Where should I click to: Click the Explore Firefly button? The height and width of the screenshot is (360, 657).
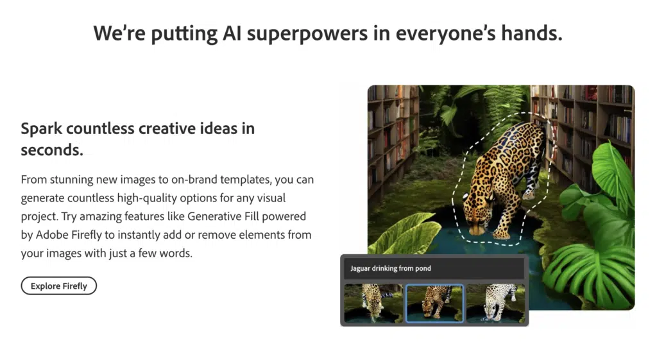click(x=58, y=286)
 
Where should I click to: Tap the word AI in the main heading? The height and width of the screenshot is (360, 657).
click(x=229, y=33)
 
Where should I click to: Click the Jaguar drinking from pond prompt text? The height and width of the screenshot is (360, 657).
click(x=391, y=268)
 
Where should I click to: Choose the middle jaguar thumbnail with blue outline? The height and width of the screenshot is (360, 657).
click(x=434, y=303)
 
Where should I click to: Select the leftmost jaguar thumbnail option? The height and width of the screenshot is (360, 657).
click(x=373, y=303)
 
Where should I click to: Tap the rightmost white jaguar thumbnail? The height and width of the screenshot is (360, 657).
click(x=495, y=303)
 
